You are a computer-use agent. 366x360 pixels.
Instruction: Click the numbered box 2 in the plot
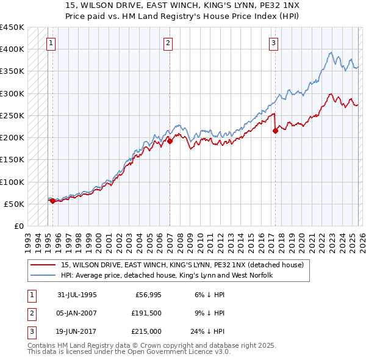click(167, 43)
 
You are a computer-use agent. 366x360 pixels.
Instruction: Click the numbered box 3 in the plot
click(274, 43)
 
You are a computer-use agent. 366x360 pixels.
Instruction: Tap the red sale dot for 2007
click(170, 141)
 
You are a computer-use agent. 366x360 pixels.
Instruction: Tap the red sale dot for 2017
click(275, 130)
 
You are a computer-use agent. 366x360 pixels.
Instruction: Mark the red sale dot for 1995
click(52, 200)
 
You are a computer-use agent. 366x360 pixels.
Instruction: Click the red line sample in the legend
click(43, 265)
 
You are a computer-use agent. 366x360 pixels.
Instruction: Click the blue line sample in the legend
click(43, 275)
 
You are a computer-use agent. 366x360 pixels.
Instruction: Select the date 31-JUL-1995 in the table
click(77, 295)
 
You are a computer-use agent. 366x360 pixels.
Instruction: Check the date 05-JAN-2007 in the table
click(77, 314)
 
